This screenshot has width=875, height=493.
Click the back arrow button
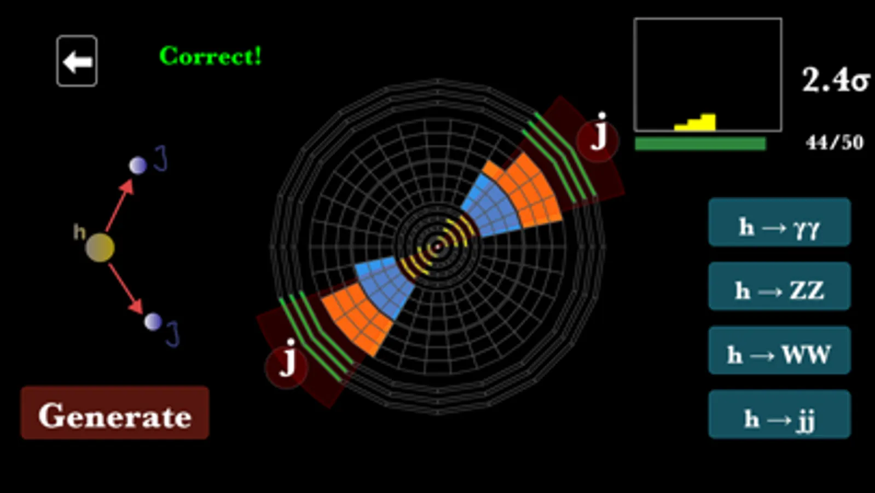pos(77,61)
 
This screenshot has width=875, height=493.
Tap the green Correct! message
pos(210,56)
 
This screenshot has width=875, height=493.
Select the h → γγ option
pos(779,222)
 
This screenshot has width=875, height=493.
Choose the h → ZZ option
pos(779,286)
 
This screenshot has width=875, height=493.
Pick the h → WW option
pos(779,351)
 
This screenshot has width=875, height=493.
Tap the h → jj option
pos(779,415)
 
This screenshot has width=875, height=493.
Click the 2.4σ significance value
pos(835,80)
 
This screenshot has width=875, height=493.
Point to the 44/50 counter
pos(834,142)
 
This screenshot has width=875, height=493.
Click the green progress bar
pos(700,144)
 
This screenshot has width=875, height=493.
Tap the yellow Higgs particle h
pos(100,247)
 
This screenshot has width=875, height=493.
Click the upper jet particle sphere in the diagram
pos(137,165)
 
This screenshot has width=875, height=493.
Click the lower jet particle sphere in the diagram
pos(153,322)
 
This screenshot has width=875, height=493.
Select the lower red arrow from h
pos(126,289)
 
